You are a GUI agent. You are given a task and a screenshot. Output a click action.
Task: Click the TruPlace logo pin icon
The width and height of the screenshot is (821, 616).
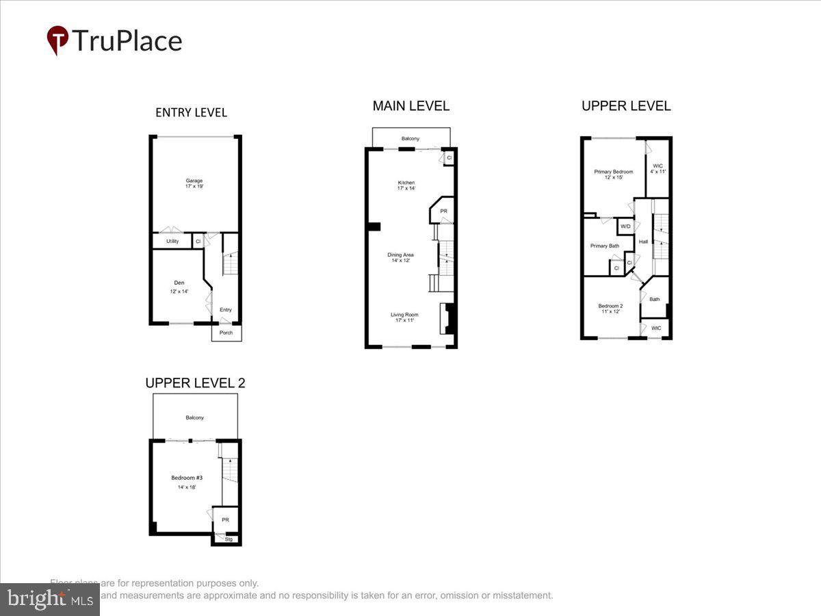[x=57, y=40]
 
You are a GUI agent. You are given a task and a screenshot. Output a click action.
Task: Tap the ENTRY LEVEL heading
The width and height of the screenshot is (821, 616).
[x=191, y=112]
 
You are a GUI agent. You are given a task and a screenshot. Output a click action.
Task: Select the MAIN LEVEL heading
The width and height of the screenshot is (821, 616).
[x=410, y=106]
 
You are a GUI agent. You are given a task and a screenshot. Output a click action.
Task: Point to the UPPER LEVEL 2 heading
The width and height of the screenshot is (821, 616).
[x=195, y=383]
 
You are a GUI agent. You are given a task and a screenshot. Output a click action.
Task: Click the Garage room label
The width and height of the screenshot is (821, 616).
[x=194, y=181]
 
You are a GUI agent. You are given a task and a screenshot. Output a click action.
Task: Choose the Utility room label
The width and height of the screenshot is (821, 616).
[x=172, y=241]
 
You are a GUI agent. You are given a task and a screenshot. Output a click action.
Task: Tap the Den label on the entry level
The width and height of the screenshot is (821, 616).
[x=179, y=282]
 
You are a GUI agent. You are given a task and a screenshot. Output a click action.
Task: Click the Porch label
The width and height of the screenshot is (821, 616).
[x=226, y=333]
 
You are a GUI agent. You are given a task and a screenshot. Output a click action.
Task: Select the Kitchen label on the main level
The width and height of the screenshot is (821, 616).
[x=406, y=183]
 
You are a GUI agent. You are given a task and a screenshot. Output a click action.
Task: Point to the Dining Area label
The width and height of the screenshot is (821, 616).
[x=402, y=255]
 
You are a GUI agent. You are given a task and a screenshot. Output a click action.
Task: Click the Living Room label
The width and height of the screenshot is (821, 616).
[x=404, y=315]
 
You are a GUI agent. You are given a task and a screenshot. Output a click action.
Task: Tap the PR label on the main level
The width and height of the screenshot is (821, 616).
[x=443, y=211]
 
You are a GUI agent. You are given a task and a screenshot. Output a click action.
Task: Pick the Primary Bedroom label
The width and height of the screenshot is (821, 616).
[x=613, y=172]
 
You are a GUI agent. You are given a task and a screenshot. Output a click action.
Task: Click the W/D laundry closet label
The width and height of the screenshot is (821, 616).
[x=625, y=226]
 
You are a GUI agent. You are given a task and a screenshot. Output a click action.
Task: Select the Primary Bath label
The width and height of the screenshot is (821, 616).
[x=605, y=246]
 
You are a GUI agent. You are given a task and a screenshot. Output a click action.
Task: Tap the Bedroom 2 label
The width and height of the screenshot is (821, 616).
[x=610, y=306]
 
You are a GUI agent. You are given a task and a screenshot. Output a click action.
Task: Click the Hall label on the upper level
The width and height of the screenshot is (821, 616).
[x=643, y=242]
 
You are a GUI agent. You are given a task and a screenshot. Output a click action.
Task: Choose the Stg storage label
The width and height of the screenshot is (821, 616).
[x=229, y=539]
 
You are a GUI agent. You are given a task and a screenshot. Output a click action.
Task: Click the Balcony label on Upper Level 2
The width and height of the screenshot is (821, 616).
[x=194, y=418]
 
